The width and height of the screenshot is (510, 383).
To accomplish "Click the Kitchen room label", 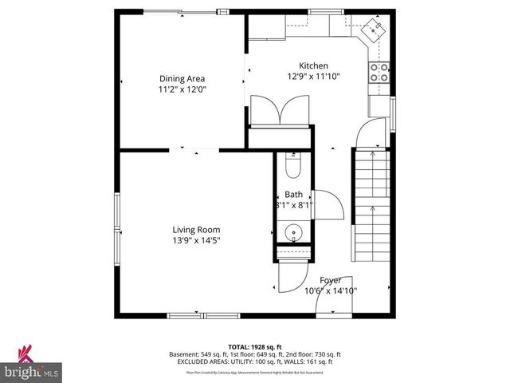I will [313, 66].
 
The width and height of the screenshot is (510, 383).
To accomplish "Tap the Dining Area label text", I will [182, 78].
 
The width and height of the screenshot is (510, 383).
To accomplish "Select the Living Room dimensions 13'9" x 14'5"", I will [195, 240].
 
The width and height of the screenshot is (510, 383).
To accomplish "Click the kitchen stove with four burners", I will [379, 73].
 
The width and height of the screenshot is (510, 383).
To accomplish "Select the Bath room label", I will [293, 195].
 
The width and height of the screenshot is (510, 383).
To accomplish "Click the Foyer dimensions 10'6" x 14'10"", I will [331, 291].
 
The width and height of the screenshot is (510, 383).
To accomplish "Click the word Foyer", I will [331, 280].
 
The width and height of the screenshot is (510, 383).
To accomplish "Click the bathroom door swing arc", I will [329, 205].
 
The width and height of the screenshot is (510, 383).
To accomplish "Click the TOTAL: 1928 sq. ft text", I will [255, 347].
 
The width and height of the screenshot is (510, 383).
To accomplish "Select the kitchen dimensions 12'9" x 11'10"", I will [313, 77].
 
